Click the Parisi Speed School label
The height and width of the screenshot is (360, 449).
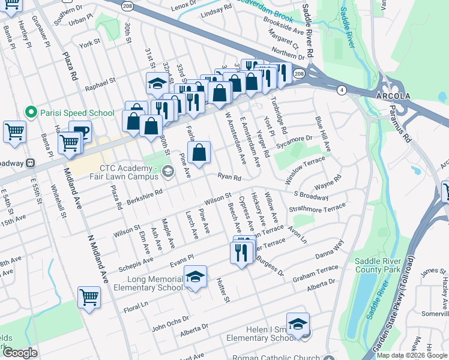coord(77,113)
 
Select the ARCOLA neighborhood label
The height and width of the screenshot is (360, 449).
coord(393,97)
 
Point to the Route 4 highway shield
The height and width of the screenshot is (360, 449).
coord(342,90)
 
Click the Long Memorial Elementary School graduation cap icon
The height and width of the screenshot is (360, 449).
coord(195,277)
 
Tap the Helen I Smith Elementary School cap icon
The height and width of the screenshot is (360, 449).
coord(298,324)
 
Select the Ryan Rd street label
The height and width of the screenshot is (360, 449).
coord(229,178)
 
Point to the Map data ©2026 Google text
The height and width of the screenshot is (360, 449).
coord(412,355)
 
